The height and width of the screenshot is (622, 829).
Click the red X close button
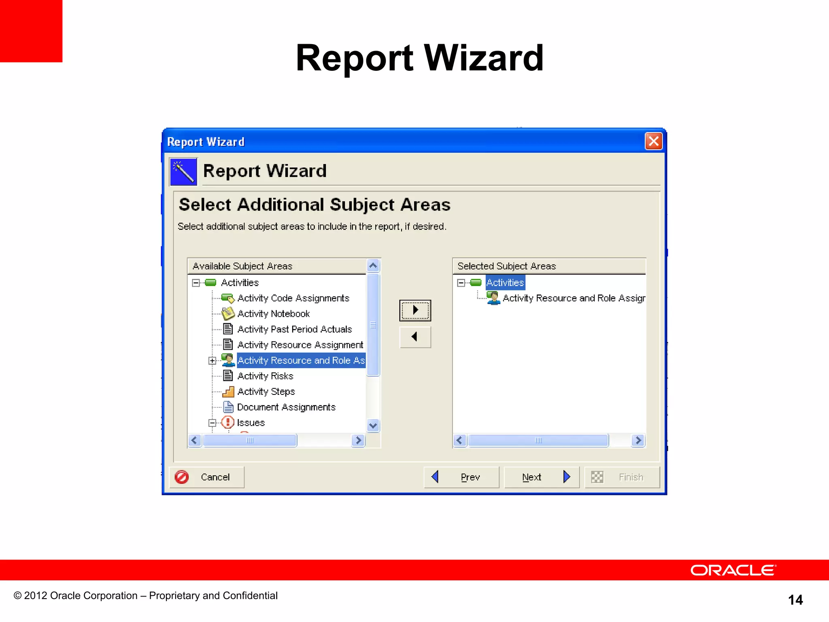(653, 141)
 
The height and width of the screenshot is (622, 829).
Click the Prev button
(461, 477)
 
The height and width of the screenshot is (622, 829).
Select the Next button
(541, 477)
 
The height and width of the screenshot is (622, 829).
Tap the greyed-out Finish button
(622, 477)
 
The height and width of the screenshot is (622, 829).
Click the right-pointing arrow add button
(415, 310)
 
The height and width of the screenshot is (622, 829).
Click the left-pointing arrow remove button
(415, 337)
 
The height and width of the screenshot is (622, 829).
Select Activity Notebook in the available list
(273, 314)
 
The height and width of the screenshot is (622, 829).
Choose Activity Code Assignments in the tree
(293, 298)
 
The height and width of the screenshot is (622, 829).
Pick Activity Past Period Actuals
(294, 329)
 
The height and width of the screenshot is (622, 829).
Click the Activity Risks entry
(265, 376)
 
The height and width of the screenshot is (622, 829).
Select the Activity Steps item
(266, 392)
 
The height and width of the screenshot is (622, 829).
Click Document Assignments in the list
(286, 407)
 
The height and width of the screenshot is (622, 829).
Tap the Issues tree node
(251, 423)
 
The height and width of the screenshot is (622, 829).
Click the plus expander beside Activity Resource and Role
(212, 360)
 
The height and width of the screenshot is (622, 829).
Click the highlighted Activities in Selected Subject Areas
(505, 283)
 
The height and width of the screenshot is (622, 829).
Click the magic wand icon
(183, 171)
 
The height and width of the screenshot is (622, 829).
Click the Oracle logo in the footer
(733, 570)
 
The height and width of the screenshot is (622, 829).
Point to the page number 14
(795, 600)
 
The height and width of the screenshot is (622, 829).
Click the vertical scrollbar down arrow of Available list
(373, 426)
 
